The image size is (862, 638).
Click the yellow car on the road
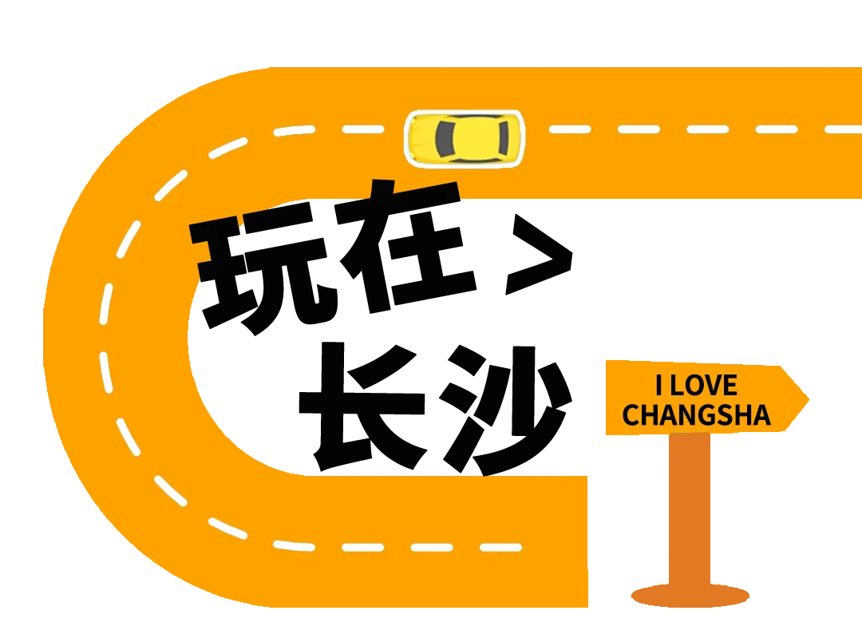(465, 137)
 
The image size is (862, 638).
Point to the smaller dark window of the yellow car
(502, 137)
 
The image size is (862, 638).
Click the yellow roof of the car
(476, 137)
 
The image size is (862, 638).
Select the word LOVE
(703, 386)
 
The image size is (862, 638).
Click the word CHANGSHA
(696, 415)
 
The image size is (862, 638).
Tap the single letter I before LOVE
(659, 386)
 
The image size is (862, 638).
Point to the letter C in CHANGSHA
(631, 415)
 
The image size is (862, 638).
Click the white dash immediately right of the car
(570, 129)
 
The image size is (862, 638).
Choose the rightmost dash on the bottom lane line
(500, 548)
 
